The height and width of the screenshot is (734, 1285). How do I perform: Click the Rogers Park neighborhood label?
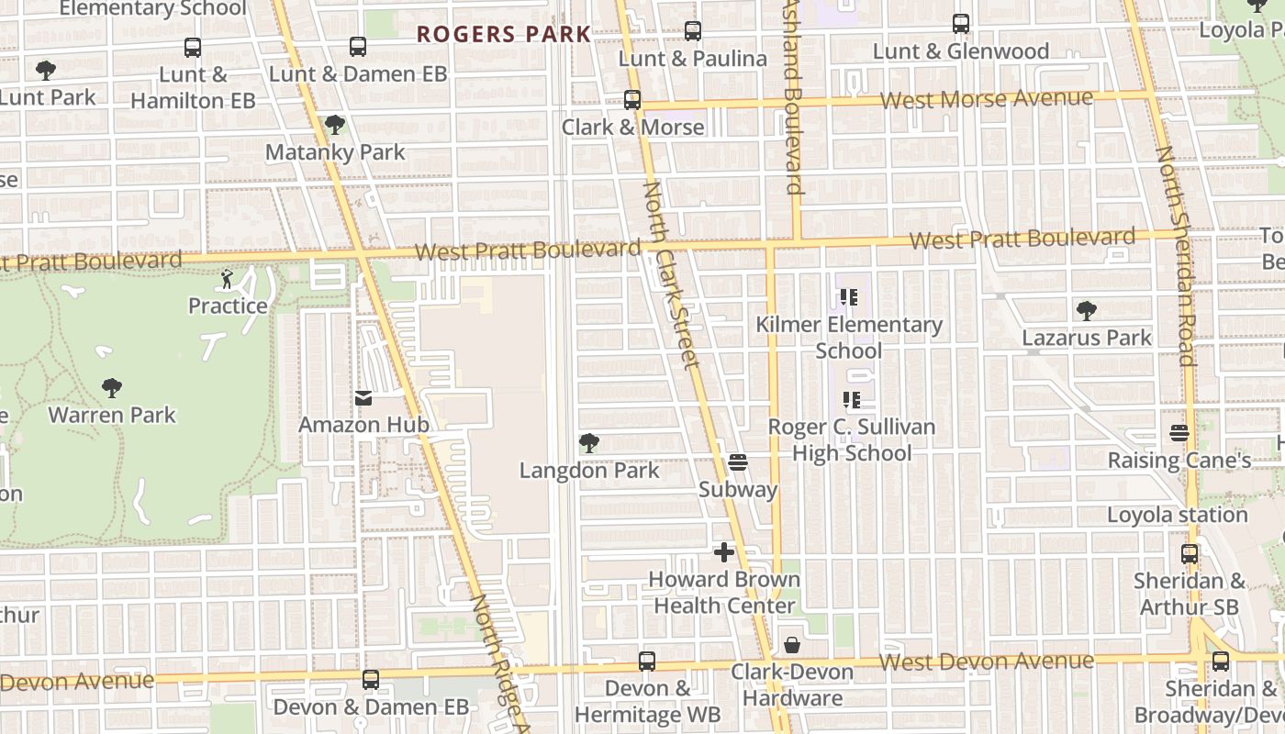click(x=504, y=35)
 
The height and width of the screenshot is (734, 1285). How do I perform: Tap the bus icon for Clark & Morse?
click(x=632, y=100)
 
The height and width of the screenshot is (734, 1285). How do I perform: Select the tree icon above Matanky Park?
click(x=335, y=125)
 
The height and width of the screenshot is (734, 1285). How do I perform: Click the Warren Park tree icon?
click(x=112, y=388)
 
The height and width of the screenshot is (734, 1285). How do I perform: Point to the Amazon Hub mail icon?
click(x=363, y=398)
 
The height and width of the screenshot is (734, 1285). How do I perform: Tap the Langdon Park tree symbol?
click(x=589, y=444)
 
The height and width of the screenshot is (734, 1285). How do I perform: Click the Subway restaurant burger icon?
click(x=738, y=462)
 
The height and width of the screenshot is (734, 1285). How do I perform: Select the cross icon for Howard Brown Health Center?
click(x=724, y=552)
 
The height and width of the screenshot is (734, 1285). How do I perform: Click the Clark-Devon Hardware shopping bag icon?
click(x=791, y=645)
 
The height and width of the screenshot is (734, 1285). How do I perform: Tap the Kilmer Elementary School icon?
click(x=848, y=297)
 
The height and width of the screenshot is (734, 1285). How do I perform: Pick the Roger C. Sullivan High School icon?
click(x=851, y=400)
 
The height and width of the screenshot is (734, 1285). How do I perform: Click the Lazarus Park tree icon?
click(x=1087, y=311)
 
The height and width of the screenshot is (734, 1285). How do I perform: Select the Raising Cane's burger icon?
click(x=1179, y=433)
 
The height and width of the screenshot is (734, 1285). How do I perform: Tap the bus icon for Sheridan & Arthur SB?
click(x=1190, y=554)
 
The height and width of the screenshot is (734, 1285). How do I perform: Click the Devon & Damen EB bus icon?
click(x=371, y=680)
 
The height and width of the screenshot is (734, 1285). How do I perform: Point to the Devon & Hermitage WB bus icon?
click(x=647, y=662)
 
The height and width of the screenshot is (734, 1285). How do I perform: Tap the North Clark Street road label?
click(x=672, y=275)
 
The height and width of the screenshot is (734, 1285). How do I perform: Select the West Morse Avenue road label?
click(x=987, y=98)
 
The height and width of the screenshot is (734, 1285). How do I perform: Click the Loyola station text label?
click(x=1177, y=515)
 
